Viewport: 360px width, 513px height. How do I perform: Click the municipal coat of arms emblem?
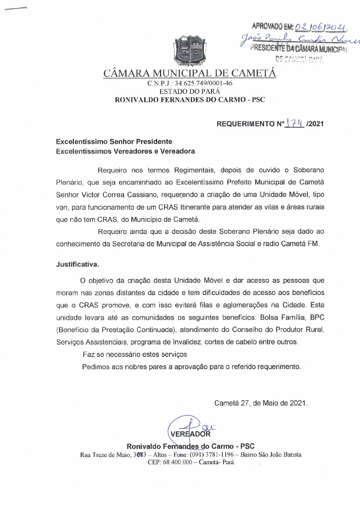(x=189, y=51)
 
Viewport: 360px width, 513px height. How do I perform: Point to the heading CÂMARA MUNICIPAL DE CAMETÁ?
(x=189, y=73)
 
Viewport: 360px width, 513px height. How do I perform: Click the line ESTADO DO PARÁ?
(x=189, y=91)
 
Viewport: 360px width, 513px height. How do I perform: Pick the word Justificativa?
(x=77, y=265)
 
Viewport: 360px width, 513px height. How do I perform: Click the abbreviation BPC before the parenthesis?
(x=317, y=317)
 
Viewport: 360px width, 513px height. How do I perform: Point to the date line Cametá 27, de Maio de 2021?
(x=261, y=403)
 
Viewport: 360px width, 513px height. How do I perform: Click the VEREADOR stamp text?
(x=191, y=434)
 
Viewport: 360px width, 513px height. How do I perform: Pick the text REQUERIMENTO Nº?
(x=250, y=124)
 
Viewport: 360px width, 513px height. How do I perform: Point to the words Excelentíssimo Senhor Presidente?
(x=114, y=142)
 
